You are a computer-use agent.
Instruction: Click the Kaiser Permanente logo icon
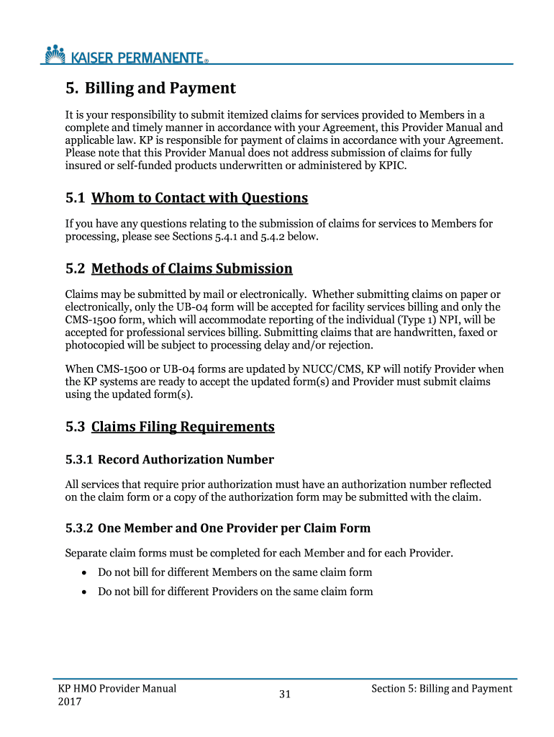[55, 53]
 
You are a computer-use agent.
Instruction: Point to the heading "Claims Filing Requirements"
[183, 427]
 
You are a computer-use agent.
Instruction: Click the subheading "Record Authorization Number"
[186, 459]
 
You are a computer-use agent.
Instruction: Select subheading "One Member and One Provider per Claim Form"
[234, 528]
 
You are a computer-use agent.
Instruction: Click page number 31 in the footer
[284, 695]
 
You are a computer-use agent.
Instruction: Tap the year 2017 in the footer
[69, 702]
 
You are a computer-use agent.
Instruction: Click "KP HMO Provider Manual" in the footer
[117, 688]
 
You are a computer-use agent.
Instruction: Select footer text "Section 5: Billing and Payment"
[441, 689]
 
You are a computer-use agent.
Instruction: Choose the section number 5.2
[75, 269]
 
